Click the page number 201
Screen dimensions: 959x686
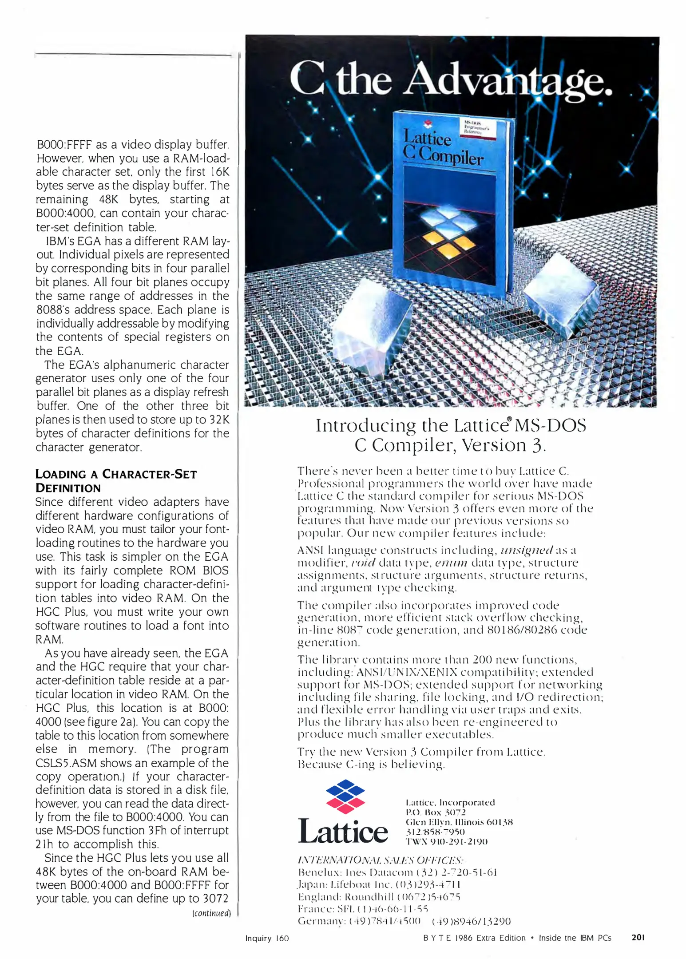(x=638, y=937)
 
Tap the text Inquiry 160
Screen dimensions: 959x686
(x=267, y=938)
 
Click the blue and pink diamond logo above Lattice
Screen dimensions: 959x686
(x=345, y=796)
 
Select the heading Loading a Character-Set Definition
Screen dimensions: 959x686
(x=115, y=481)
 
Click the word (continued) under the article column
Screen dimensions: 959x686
(x=211, y=913)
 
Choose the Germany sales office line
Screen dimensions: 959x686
(x=404, y=921)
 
